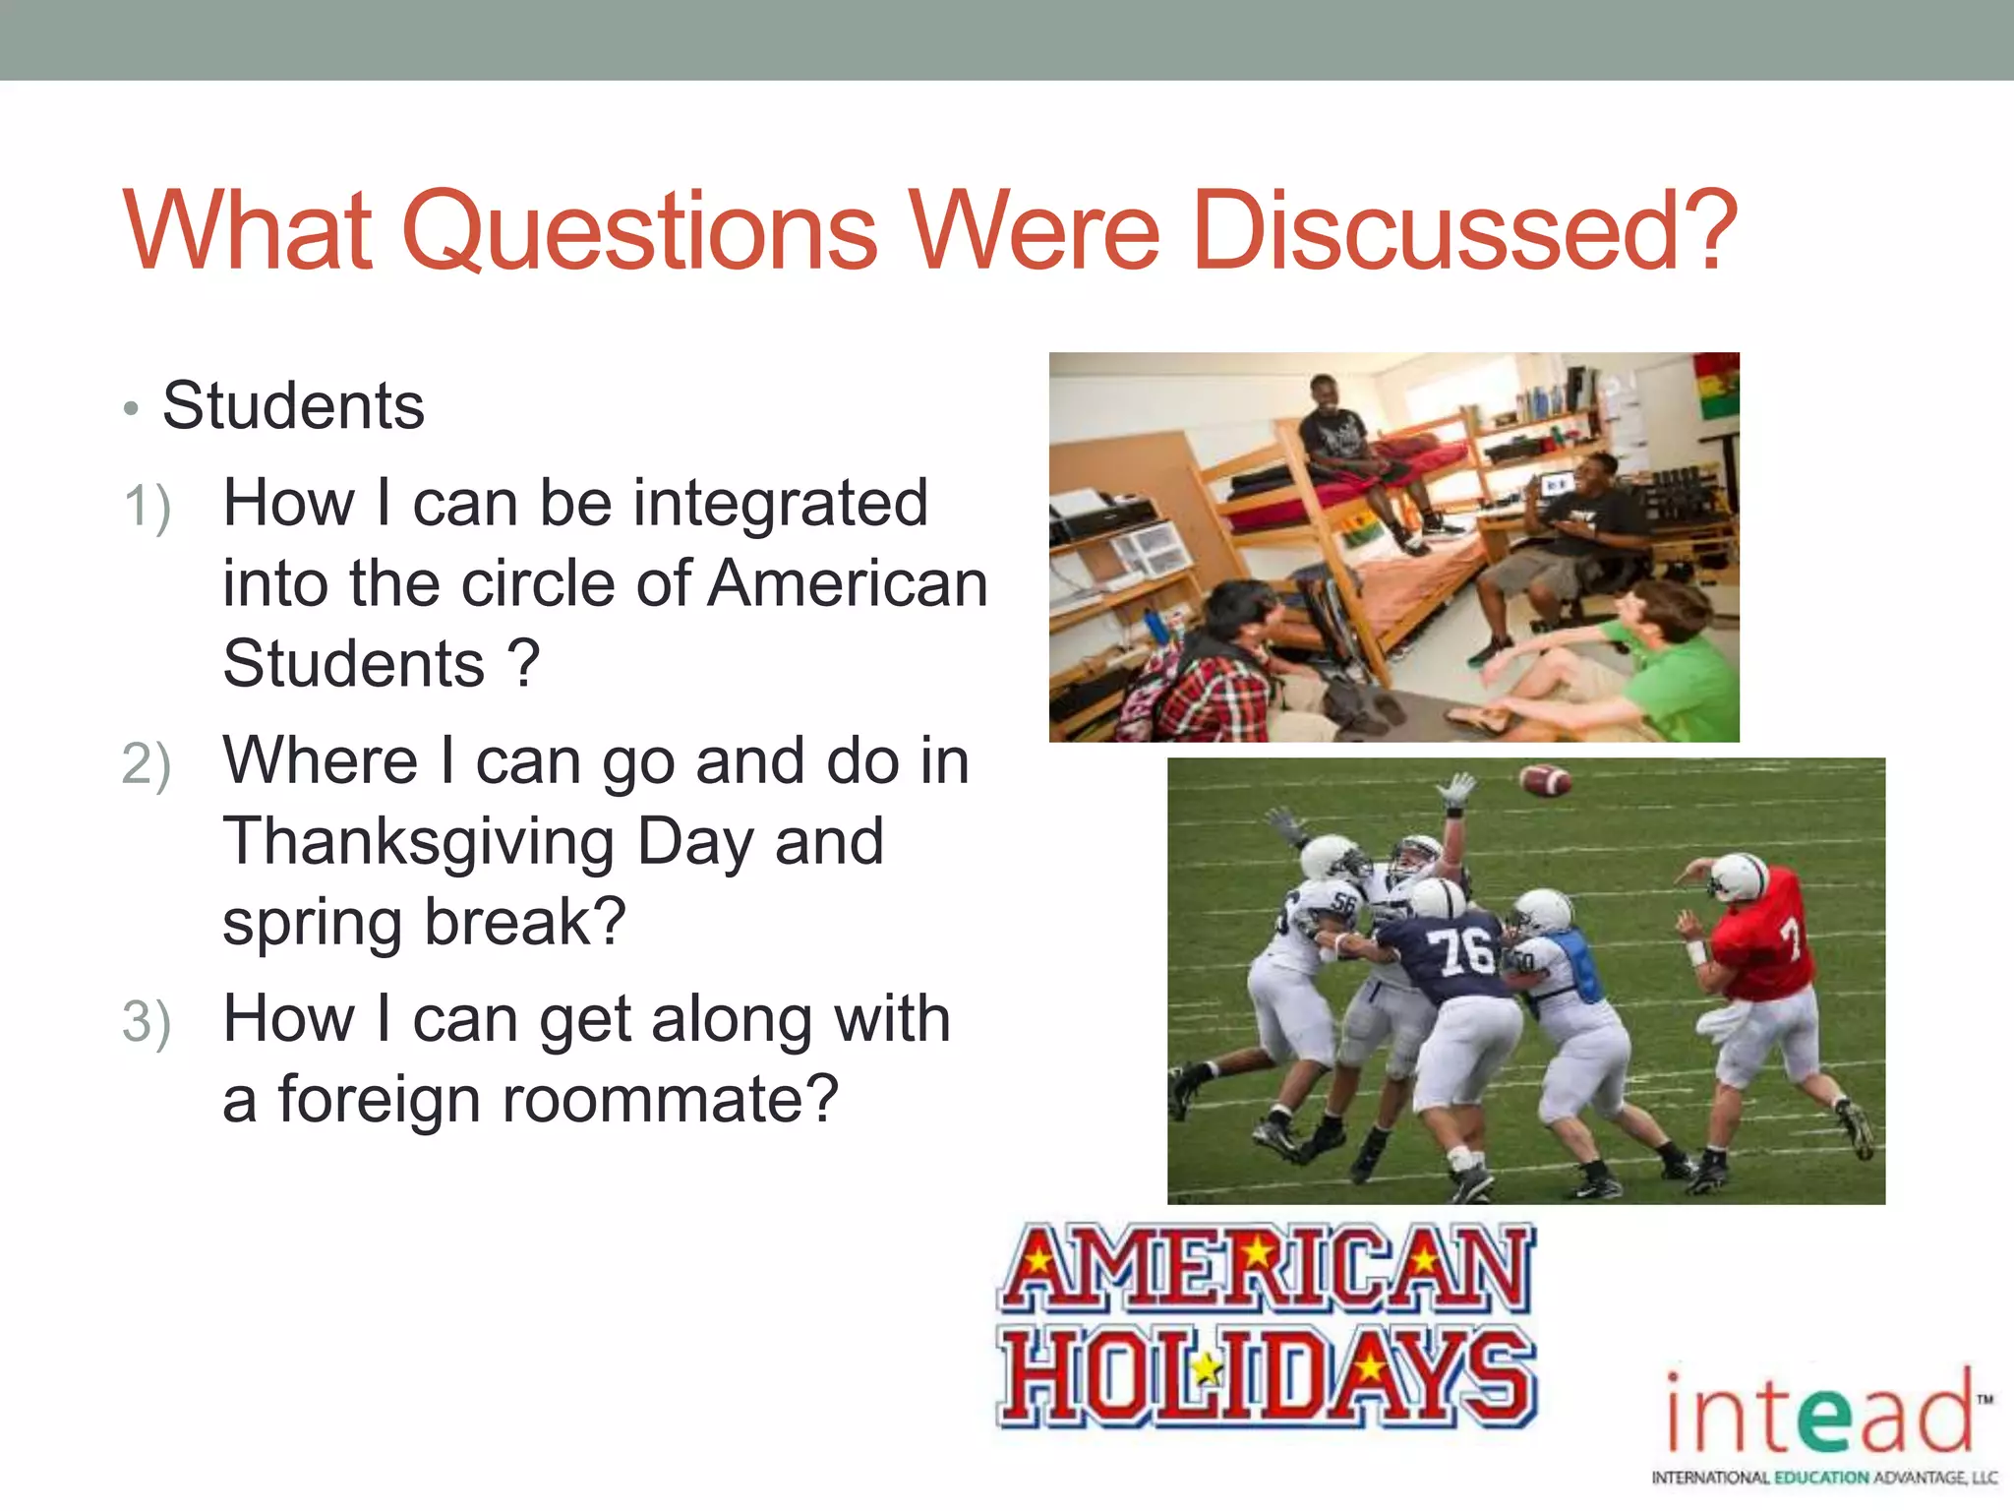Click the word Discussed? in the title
(1463, 231)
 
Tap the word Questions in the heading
(640, 231)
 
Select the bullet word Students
(293, 405)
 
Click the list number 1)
(148, 509)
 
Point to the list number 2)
(148, 766)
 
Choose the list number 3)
(148, 1023)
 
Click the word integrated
(782, 504)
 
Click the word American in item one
(848, 584)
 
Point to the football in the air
(1544, 781)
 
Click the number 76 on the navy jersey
(1462, 951)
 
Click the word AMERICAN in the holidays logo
(1267, 1268)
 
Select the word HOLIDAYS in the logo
(1267, 1376)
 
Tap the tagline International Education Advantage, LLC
(1824, 1478)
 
